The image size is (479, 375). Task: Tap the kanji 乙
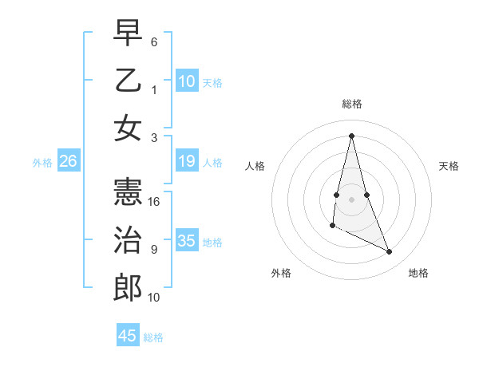pyautogui.click(x=128, y=82)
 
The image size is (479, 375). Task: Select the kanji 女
pyautogui.click(x=128, y=128)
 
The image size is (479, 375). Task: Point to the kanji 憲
pyautogui.click(x=128, y=194)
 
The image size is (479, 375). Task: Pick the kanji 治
pyautogui.click(x=128, y=240)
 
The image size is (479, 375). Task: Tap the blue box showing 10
pyautogui.click(x=187, y=81)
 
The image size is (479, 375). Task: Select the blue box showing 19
pyautogui.click(x=187, y=162)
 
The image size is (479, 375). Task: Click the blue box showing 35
pyautogui.click(x=187, y=242)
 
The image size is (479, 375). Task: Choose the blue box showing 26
pyautogui.click(x=69, y=162)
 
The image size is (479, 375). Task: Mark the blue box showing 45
pyautogui.click(x=128, y=336)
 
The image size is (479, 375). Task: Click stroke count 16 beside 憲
pyautogui.click(x=155, y=203)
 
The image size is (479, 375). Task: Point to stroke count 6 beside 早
pyautogui.click(x=154, y=41)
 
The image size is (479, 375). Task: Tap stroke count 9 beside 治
pyautogui.click(x=154, y=250)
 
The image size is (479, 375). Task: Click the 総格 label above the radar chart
pyautogui.click(x=352, y=104)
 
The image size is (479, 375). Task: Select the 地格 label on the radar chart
pyautogui.click(x=418, y=274)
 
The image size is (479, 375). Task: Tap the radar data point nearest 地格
pyautogui.click(x=390, y=252)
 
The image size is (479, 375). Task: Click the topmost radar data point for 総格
pyautogui.click(x=352, y=135)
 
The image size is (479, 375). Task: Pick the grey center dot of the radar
pyautogui.click(x=352, y=198)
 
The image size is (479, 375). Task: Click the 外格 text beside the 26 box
pyautogui.click(x=42, y=163)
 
